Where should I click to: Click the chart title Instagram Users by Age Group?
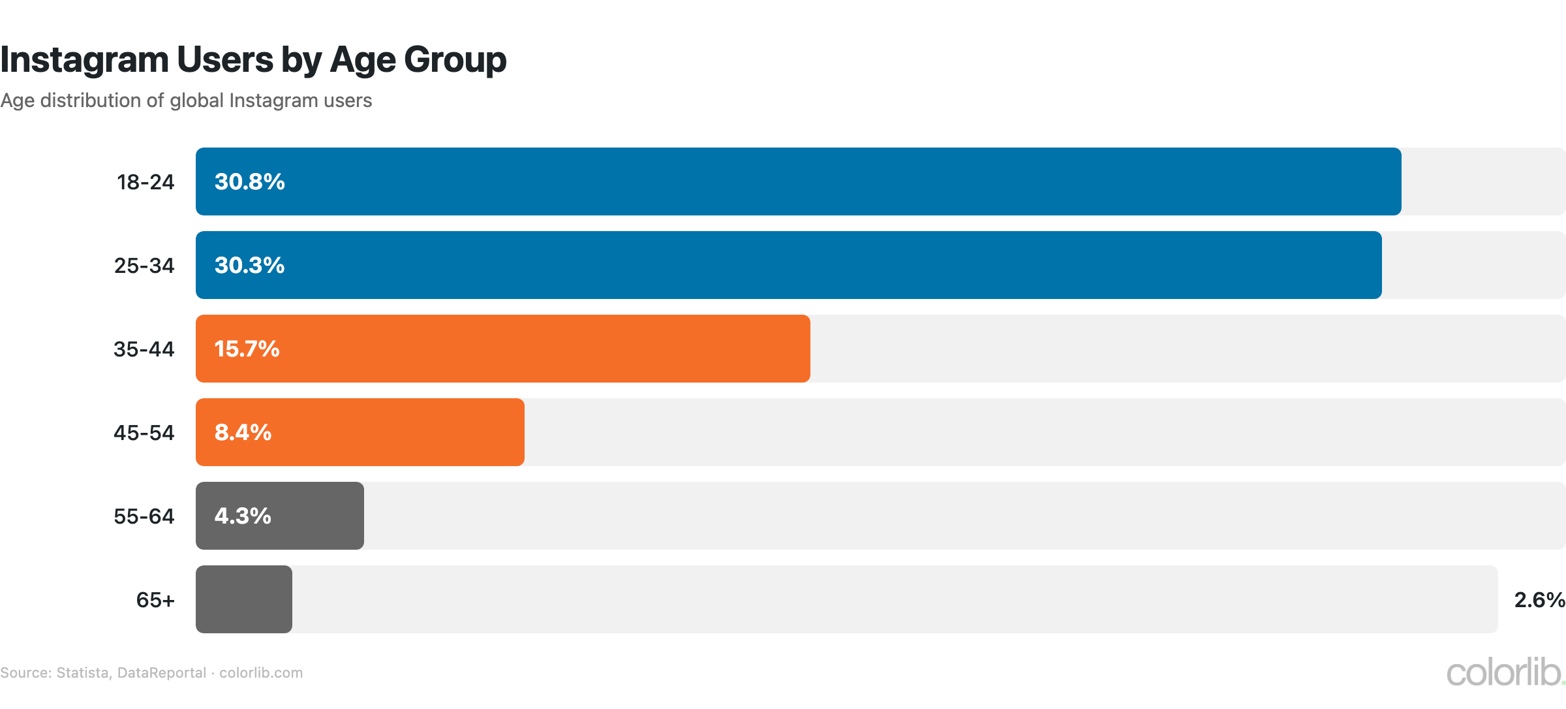[253, 60]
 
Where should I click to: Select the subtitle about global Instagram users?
[186, 101]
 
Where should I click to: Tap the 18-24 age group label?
[146, 182]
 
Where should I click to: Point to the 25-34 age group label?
[144, 266]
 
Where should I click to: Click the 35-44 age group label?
[144, 349]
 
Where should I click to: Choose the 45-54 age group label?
[144, 433]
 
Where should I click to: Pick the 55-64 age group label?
[144, 516]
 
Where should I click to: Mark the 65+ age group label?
[155, 600]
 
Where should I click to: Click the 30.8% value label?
[249, 181]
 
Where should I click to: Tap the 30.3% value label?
[249, 265]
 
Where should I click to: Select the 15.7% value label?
[247, 349]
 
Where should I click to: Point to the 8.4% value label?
[243, 432]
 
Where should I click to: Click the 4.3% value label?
[243, 516]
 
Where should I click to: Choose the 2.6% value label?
[1539, 600]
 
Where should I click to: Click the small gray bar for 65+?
[244, 599]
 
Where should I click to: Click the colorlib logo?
[1504, 672]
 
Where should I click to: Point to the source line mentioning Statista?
[151, 673]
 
